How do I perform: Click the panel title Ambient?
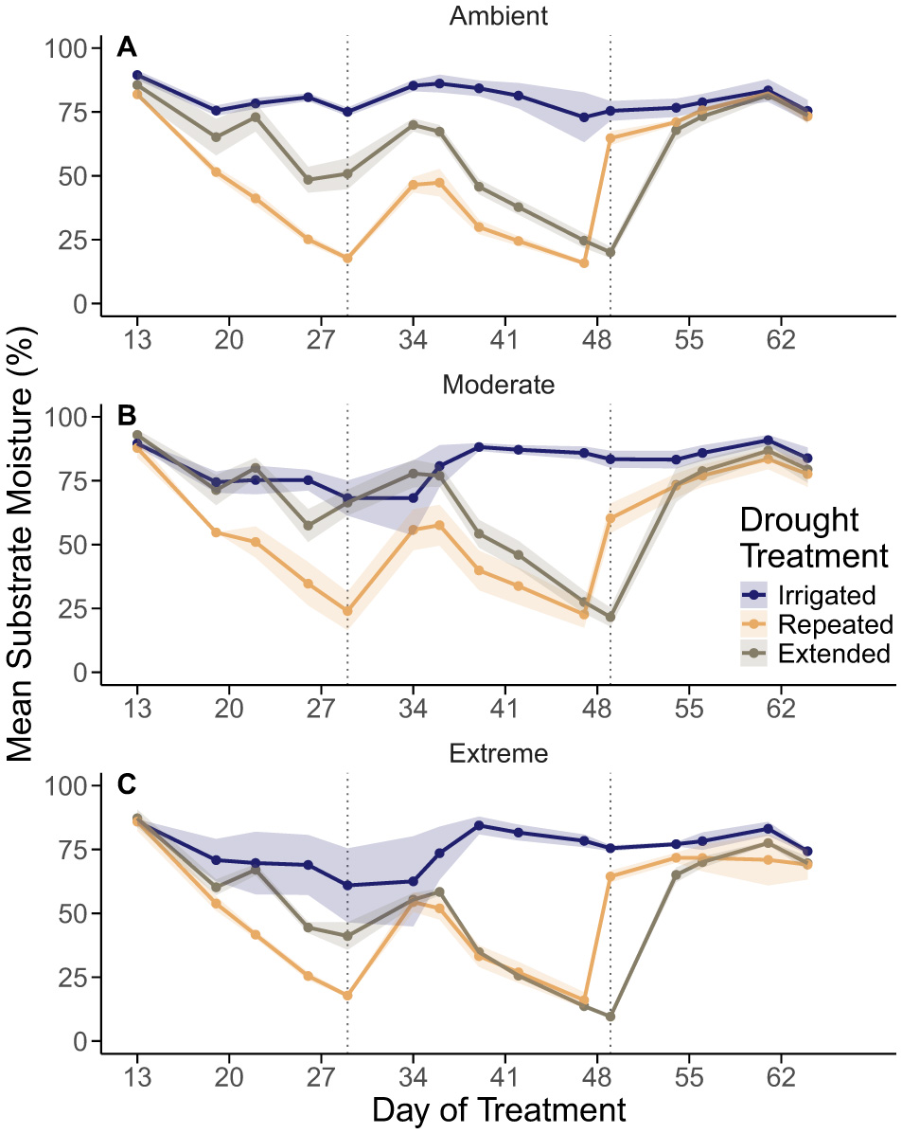[498, 15]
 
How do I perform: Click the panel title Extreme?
[498, 754]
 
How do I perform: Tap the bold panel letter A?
[127, 47]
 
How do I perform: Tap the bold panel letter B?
[127, 416]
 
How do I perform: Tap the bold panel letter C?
[127, 784]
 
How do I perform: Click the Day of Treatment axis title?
[498, 1109]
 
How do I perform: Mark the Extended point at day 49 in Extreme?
[610, 1017]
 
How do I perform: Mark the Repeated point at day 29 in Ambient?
[347, 258]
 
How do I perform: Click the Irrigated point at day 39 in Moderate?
[479, 447]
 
